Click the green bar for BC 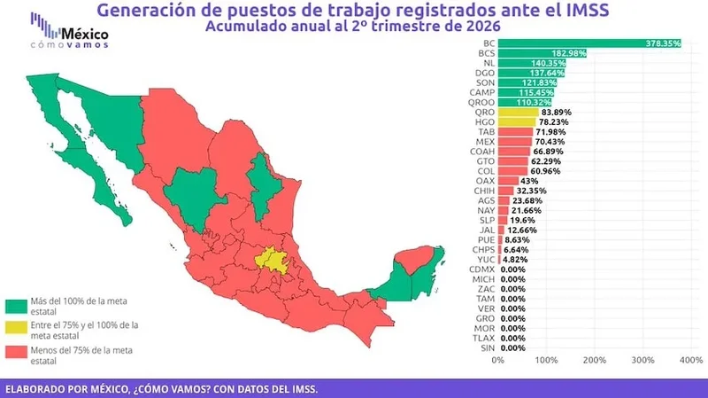[x=589, y=43]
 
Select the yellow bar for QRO [x=519, y=113]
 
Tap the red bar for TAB [x=516, y=132]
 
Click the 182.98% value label [x=568, y=53]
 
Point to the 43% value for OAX [x=528, y=181]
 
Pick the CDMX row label [x=481, y=269]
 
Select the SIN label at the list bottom [x=488, y=348]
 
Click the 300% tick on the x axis [x=643, y=360]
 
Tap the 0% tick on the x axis [x=498, y=360]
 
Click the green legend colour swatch [x=16, y=306]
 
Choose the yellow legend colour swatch [x=16, y=327]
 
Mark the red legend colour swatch [x=16, y=352]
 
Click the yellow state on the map [x=273, y=261]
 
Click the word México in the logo [x=85, y=34]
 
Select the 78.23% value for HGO [x=554, y=122]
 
